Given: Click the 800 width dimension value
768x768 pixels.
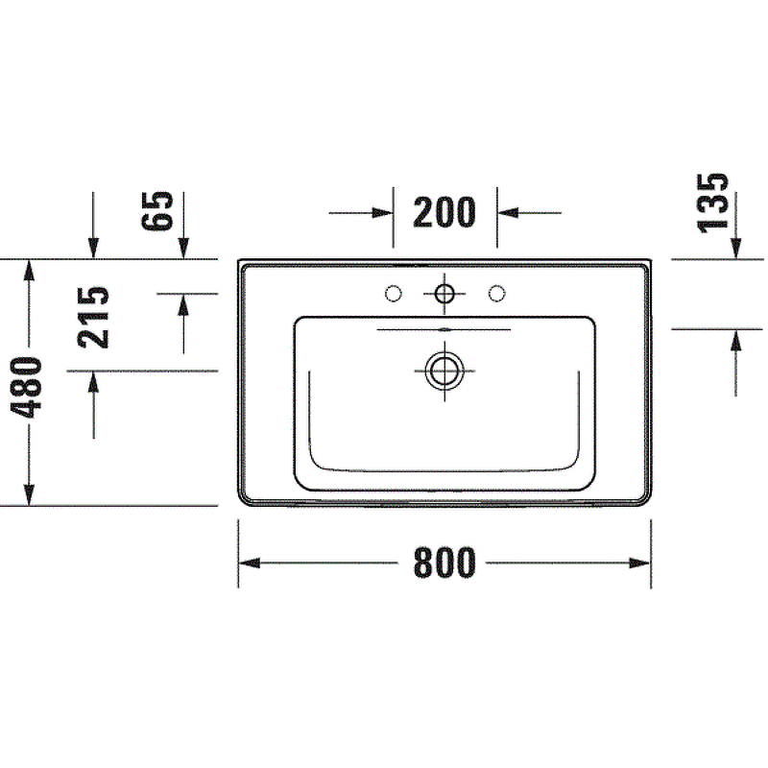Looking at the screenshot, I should tap(444, 564).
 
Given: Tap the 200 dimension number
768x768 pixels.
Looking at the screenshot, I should tap(444, 212).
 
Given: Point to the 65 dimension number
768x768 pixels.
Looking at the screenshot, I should tap(157, 211).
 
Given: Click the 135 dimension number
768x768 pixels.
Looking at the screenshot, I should tap(713, 202).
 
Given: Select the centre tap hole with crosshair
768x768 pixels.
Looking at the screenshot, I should tap(444, 293).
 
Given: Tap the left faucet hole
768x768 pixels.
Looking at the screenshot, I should tap(393, 293).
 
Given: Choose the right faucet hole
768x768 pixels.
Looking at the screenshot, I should tap(497, 293).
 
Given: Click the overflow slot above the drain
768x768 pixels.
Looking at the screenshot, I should tap(444, 329).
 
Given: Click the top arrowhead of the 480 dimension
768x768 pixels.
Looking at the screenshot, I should tap(31, 270).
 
